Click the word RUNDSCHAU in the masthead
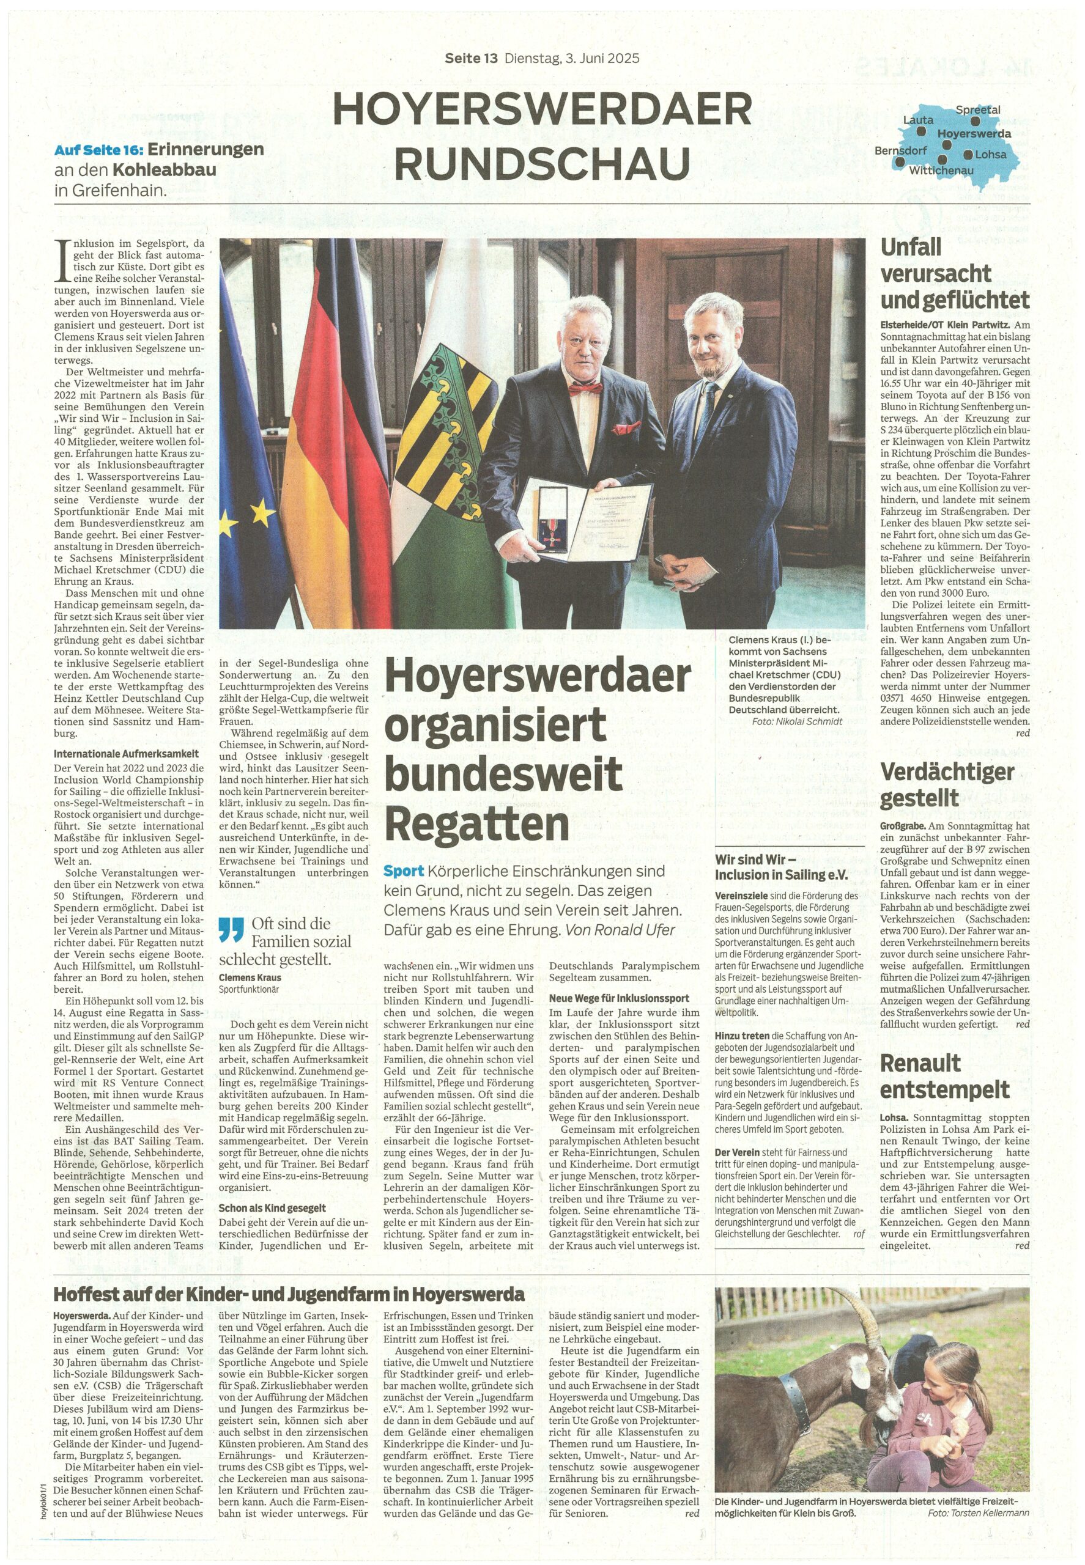[x=542, y=163]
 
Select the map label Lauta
[x=918, y=120]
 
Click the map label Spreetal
[x=977, y=109]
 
